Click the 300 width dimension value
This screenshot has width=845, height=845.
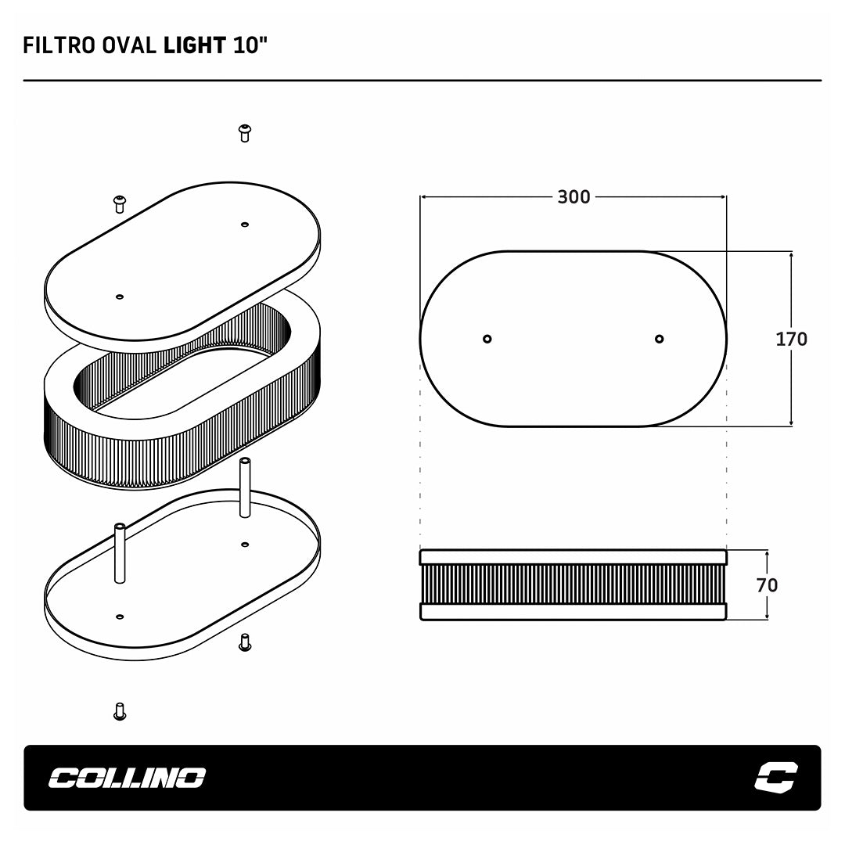coord(574,197)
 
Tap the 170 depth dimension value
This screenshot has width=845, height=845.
coord(791,339)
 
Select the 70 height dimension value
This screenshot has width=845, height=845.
coord(767,585)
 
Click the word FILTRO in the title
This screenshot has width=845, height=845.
coord(59,45)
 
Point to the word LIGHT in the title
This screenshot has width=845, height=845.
coord(195,45)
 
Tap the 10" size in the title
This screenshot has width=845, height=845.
coord(250,45)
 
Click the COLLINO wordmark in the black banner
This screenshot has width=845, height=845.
coord(128,778)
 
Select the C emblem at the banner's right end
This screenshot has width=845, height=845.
coord(776,777)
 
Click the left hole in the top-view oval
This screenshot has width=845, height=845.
coord(487,339)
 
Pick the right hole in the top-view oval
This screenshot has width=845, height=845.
coord(659,339)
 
